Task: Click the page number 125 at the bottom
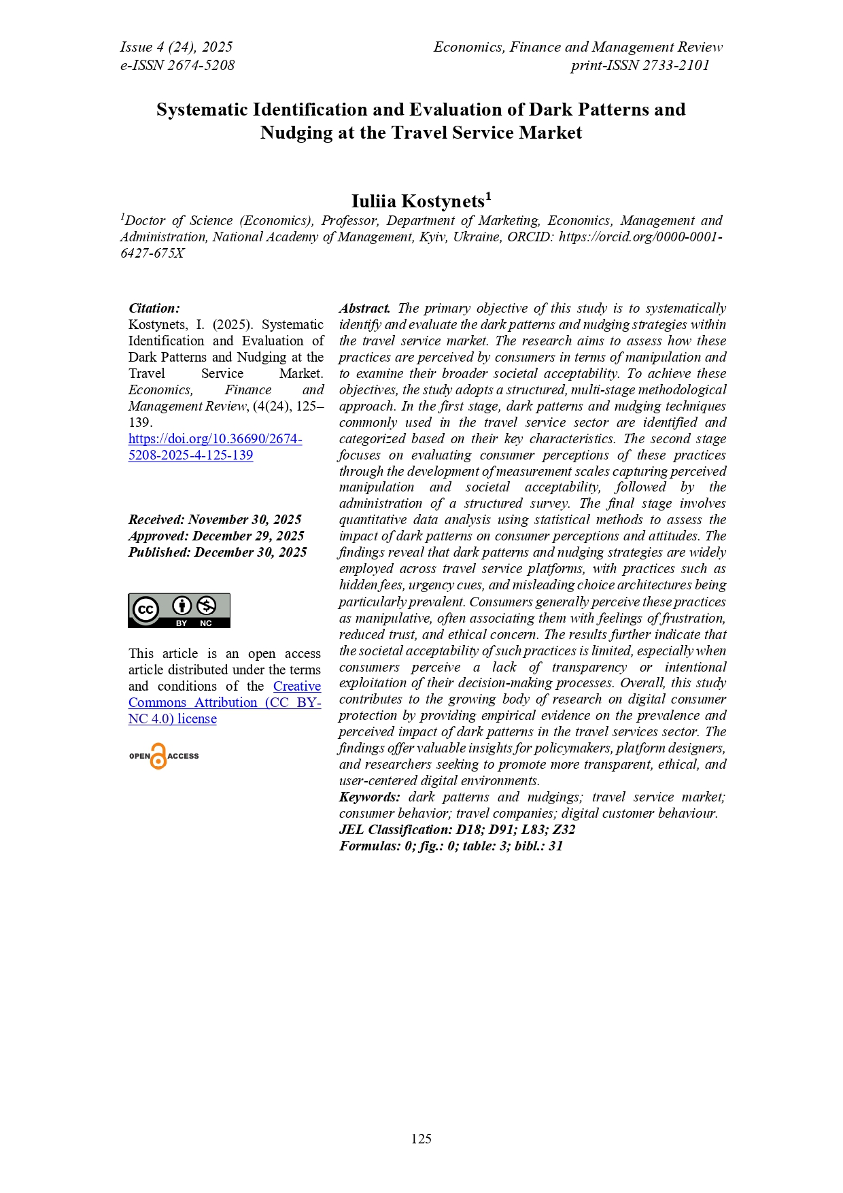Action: (x=421, y=1139)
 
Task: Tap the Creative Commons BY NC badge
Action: (x=179, y=610)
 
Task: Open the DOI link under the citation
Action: (x=215, y=447)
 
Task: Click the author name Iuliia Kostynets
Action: (x=417, y=202)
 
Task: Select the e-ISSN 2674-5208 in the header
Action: (x=177, y=65)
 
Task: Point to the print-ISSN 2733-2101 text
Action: (x=640, y=65)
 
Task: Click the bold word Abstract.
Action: (x=364, y=309)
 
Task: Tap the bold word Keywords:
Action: (x=369, y=797)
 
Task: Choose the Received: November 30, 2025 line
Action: (x=215, y=519)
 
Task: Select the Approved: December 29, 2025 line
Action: (x=216, y=536)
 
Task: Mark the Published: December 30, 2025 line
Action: (x=218, y=552)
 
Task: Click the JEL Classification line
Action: (x=457, y=829)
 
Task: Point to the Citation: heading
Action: (x=154, y=309)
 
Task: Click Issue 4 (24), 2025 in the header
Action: (x=176, y=47)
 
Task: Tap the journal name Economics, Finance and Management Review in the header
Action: (x=577, y=47)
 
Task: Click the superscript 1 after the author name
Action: (x=488, y=196)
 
